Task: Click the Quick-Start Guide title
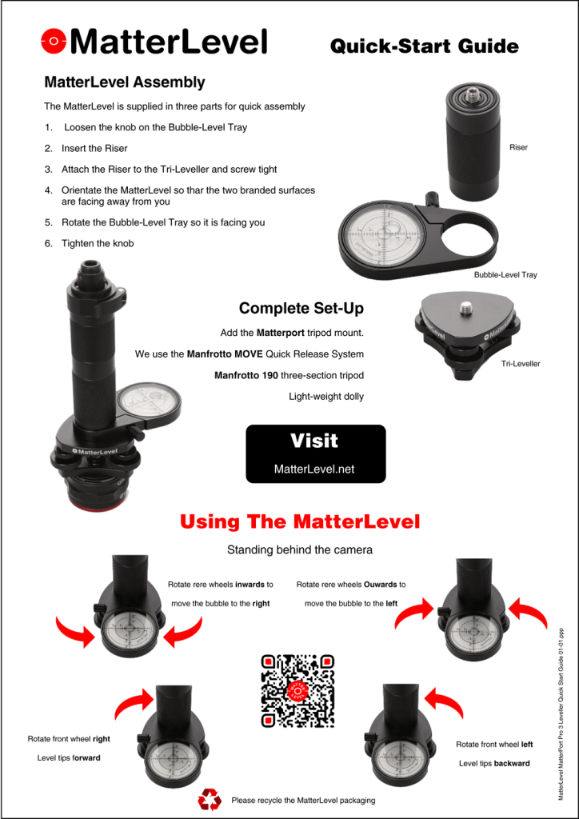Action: tap(424, 46)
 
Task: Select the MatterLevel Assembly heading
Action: tap(125, 82)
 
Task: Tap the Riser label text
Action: tap(518, 147)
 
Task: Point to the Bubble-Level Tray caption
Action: tap(505, 274)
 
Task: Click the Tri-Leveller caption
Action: tap(521, 363)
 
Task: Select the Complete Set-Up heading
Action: tap(301, 308)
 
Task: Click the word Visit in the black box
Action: tap(314, 441)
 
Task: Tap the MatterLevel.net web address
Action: tap(314, 469)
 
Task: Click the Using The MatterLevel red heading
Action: tap(300, 522)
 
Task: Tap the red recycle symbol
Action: tap(210, 798)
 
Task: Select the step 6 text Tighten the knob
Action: tap(98, 243)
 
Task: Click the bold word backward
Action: tap(512, 763)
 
